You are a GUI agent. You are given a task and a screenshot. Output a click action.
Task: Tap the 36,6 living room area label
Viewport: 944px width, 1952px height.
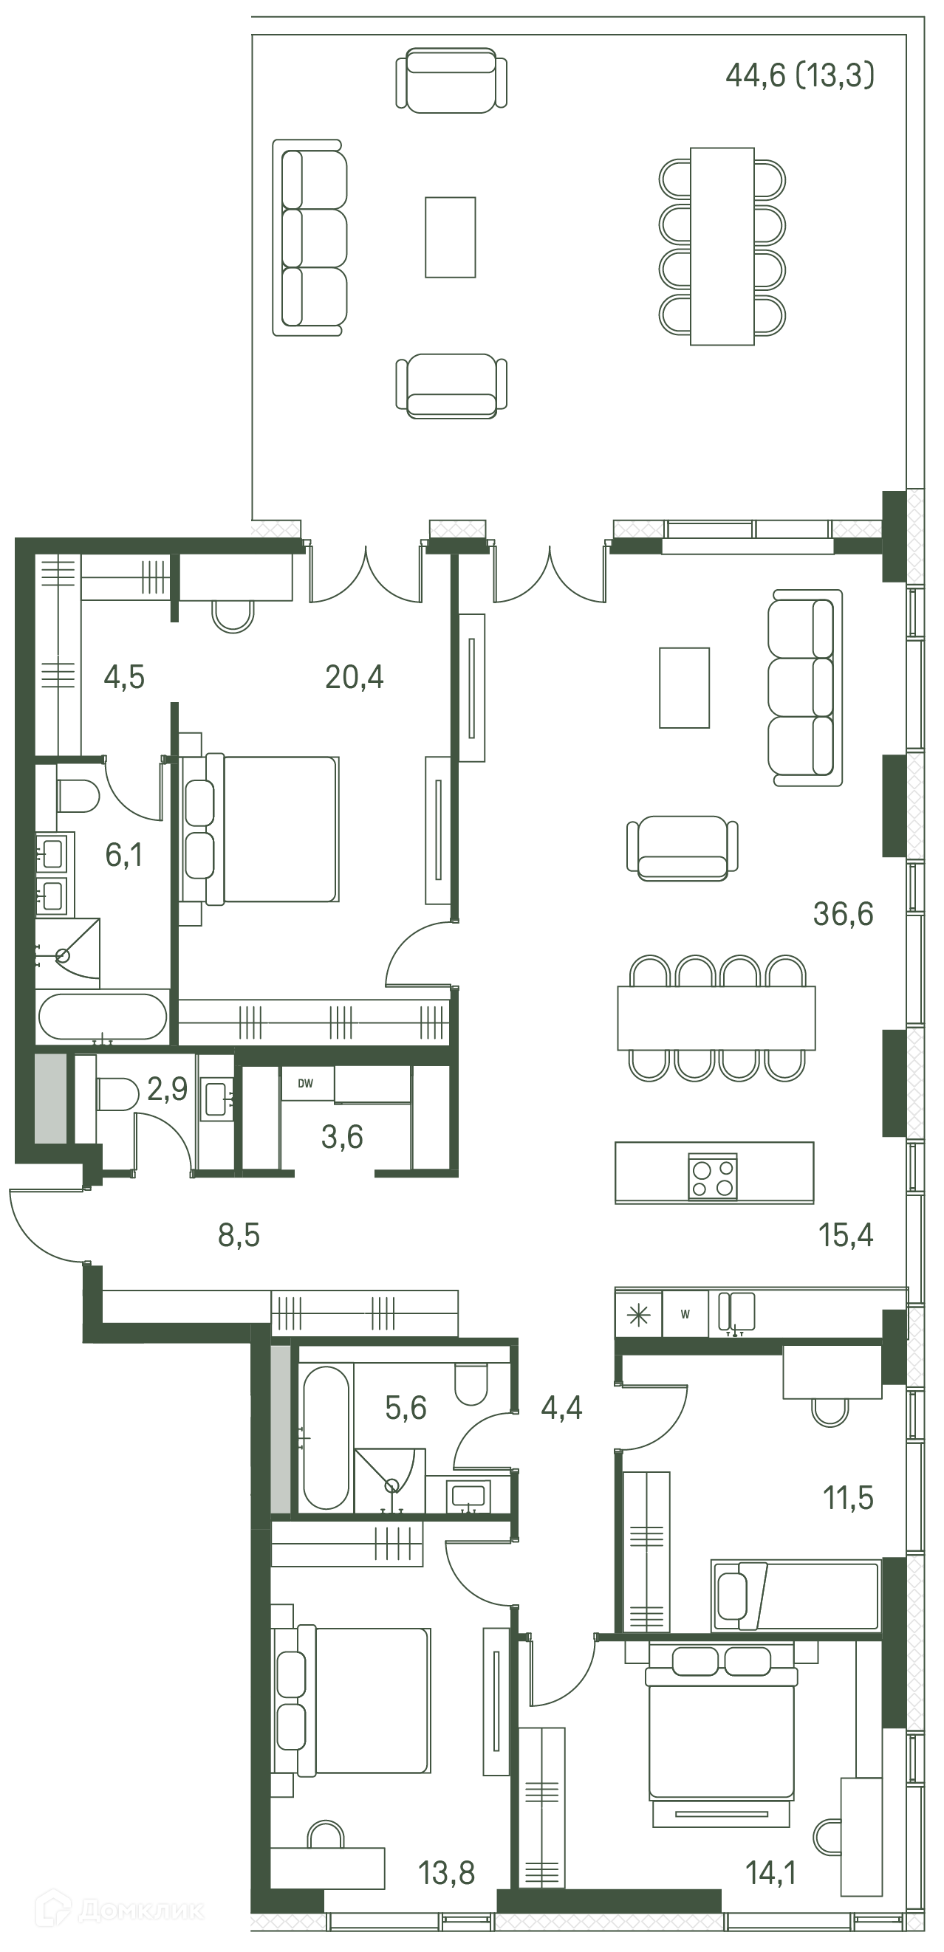tap(843, 915)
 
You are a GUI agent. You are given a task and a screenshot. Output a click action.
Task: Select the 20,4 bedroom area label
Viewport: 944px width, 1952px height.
tap(354, 677)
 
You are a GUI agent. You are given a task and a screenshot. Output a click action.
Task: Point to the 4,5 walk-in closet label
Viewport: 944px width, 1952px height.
tap(124, 677)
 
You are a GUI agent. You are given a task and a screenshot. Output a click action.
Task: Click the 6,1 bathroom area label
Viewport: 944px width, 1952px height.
tap(124, 856)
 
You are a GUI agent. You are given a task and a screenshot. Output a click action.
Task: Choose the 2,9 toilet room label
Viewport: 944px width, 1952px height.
tap(168, 1089)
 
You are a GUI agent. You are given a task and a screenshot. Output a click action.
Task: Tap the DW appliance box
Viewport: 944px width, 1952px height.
tap(307, 1084)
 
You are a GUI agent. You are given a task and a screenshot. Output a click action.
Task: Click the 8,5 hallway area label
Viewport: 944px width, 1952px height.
tap(239, 1235)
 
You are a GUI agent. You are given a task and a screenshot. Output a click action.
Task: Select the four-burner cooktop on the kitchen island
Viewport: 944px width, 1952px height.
tap(713, 1176)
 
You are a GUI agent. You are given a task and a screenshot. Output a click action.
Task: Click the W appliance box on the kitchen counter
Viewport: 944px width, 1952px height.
tap(685, 1315)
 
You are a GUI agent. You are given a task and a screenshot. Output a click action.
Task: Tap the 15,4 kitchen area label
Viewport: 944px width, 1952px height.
tap(846, 1235)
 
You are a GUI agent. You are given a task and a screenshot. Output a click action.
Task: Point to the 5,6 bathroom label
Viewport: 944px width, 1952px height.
tap(406, 1408)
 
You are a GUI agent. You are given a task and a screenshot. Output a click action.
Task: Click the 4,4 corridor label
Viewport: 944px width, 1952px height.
tap(562, 1408)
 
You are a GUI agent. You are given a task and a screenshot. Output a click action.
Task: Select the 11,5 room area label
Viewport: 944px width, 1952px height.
tap(849, 1498)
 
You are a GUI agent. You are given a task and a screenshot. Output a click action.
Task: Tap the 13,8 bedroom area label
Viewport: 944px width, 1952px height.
tap(447, 1873)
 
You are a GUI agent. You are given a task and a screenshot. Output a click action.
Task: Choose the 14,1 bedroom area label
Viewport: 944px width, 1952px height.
tap(771, 1873)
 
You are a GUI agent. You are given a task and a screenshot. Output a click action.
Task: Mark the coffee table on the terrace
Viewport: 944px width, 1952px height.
tap(451, 237)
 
